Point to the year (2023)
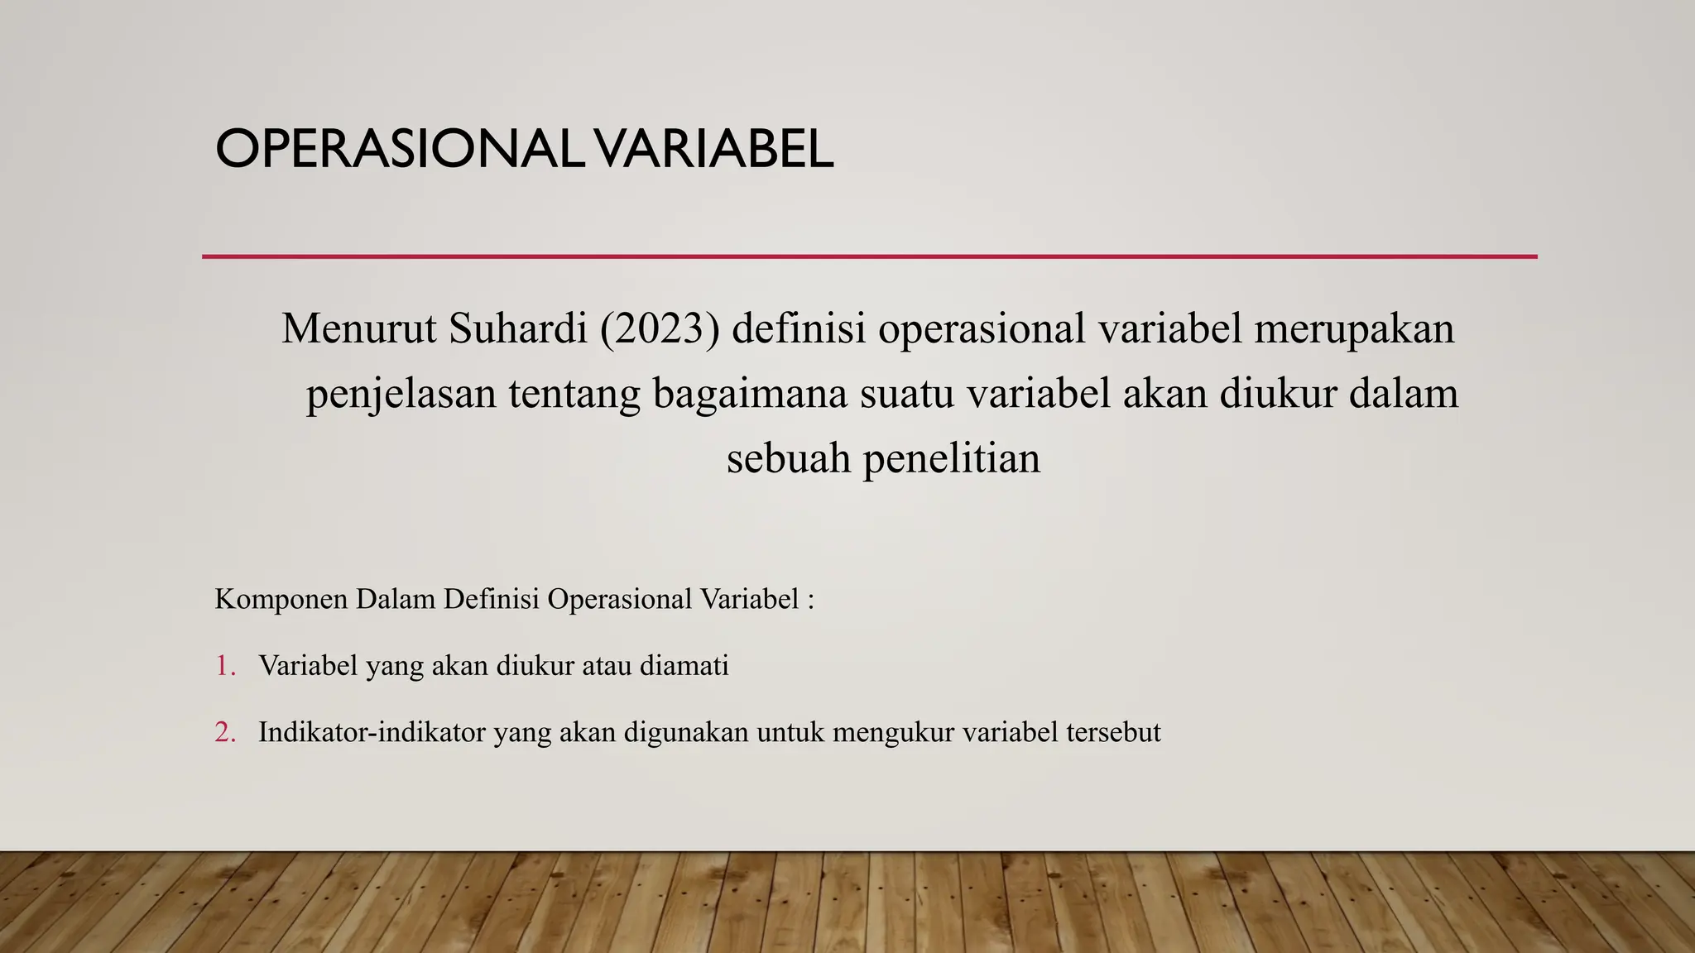coord(660,328)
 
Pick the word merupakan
coord(1354,328)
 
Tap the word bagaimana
coord(750,394)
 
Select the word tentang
coord(574,394)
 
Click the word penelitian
coord(952,458)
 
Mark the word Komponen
coord(281,599)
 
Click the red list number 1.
coord(224,665)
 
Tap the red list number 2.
coord(224,732)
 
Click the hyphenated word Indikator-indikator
coord(372,732)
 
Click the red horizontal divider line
coord(869,256)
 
